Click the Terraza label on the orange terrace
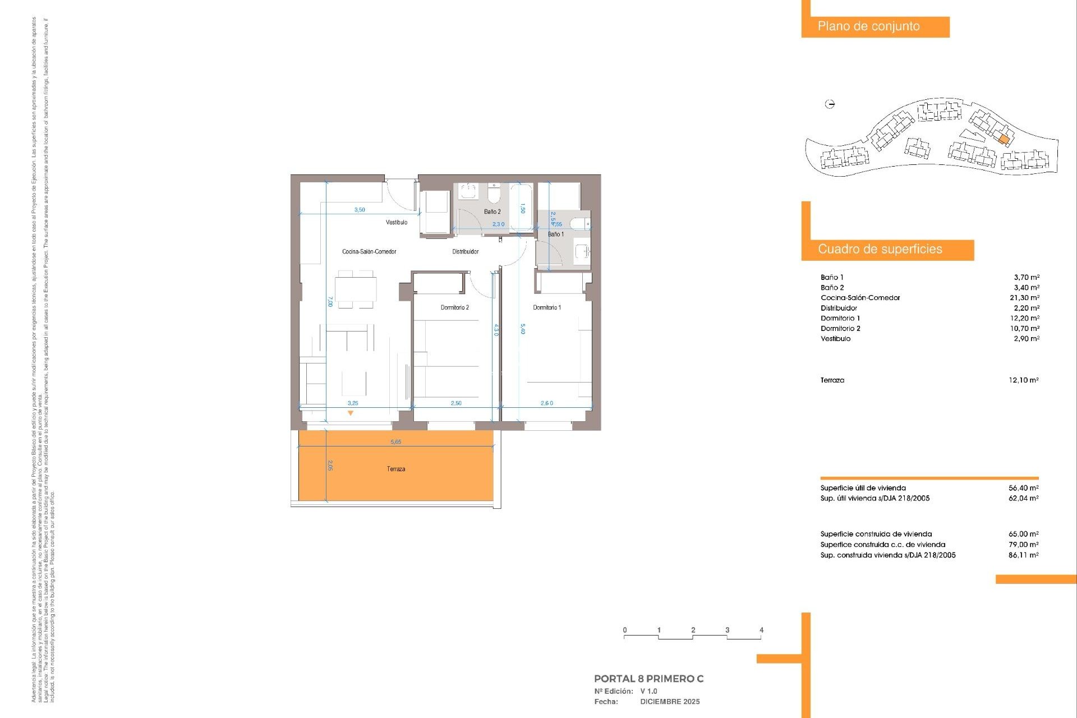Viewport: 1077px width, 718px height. (x=395, y=469)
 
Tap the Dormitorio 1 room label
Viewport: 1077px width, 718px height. (x=546, y=307)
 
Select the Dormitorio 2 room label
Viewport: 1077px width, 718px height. (x=454, y=307)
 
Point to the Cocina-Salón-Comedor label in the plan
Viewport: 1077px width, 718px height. (x=369, y=252)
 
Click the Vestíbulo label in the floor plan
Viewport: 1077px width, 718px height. (x=397, y=223)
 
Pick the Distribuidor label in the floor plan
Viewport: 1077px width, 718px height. (x=465, y=252)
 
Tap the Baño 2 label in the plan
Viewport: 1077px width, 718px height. (x=492, y=212)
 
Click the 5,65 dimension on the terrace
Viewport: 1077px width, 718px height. (x=395, y=442)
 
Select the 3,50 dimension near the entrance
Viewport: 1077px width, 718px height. (x=360, y=210)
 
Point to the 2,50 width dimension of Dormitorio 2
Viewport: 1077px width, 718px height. (x=456, y=403)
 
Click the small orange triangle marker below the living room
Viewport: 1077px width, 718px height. (x=351, y=413)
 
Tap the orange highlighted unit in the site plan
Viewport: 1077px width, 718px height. (x=1004, y=139)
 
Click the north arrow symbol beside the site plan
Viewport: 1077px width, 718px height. (x=830, y=104)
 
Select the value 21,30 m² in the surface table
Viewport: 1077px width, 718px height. (x=1024, y=298)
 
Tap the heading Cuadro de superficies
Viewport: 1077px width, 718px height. (x=880, y=250)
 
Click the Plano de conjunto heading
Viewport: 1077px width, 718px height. (x=868, y=26)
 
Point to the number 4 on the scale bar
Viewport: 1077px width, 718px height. (x=761, y=630)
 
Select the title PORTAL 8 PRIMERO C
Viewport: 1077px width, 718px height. (x=648, y=679)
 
